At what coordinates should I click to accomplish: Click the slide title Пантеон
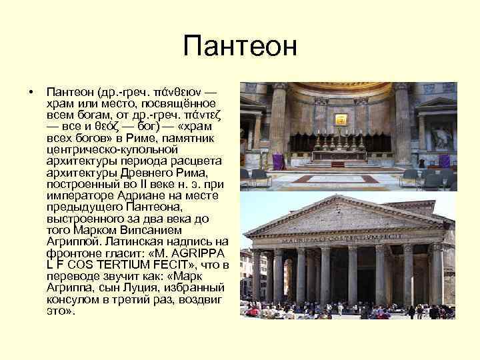click(x=239, y=47)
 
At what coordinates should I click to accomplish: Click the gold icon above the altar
click(x=340, y=119)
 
